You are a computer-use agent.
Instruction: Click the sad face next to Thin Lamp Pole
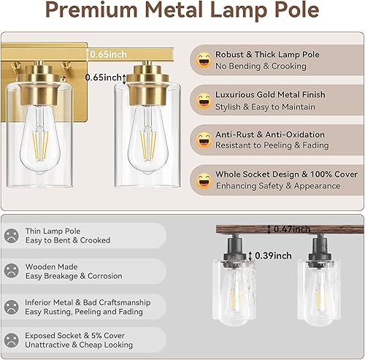click(12, 235)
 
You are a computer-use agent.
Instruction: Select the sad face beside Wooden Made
click(12, 270)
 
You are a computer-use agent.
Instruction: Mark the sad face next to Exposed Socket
click(12, 340)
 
